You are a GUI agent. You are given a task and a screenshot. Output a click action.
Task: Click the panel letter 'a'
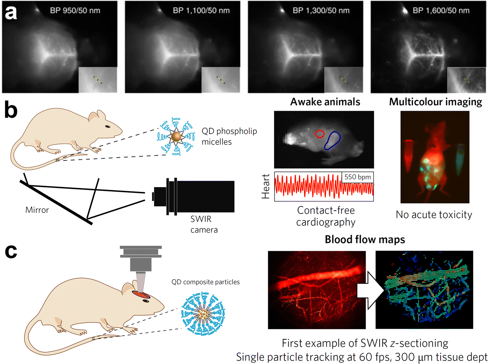11,13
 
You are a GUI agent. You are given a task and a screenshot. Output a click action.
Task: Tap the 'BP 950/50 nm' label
75,11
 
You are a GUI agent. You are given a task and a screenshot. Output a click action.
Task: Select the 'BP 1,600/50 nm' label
441,11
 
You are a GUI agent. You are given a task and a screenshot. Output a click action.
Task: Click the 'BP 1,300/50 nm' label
321,11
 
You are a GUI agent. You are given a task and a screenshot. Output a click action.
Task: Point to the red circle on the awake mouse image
320,134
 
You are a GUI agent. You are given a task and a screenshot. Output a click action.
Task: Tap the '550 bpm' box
357,177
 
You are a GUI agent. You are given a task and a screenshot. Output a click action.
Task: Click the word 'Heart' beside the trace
266,186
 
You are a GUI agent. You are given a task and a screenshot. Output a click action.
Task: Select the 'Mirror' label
37,210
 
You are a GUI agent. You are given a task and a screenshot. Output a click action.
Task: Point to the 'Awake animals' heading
325,102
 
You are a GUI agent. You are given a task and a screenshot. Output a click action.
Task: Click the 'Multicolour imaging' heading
436,102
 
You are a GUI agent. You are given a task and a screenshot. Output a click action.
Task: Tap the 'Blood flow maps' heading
365,240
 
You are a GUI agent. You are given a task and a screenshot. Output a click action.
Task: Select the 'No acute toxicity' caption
434,215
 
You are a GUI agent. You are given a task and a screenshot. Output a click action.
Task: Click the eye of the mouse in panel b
108,127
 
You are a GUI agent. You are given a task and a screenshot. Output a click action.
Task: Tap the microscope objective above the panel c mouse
141,268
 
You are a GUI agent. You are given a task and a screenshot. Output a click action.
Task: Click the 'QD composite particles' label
206,282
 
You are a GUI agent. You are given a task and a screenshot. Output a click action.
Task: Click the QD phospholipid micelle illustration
176,136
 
